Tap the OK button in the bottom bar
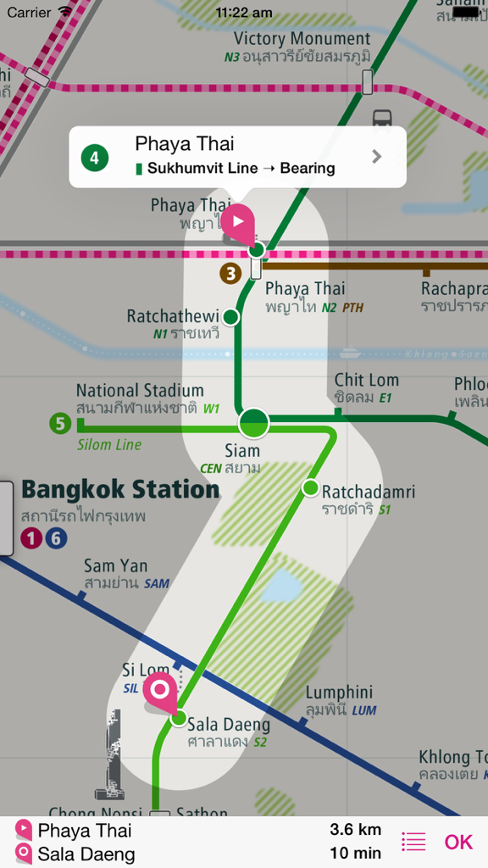click(x=458, y=842)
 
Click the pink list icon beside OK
click(x=413, y=842)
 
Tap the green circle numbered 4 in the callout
click(x=95, y=157)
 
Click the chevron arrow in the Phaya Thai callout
click(x=377, y=157)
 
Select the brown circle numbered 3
click(x=230, y=274)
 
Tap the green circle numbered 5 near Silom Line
click(x=59, y=423)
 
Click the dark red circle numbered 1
click(x=32, y=538)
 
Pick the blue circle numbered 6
click(x=56, y=538)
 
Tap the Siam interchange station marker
click(x=253, y=422)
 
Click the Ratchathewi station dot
click(x=230, y=317)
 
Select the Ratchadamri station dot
click(x=310, y=487)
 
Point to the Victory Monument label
click(x=302, y=39)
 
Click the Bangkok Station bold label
click(x=120, y=490)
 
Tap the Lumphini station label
click(x=339, y=693)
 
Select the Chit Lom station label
click(x=366, y=381)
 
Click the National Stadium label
click(x=140, y=391)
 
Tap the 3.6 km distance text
click(x=355, y=830)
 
